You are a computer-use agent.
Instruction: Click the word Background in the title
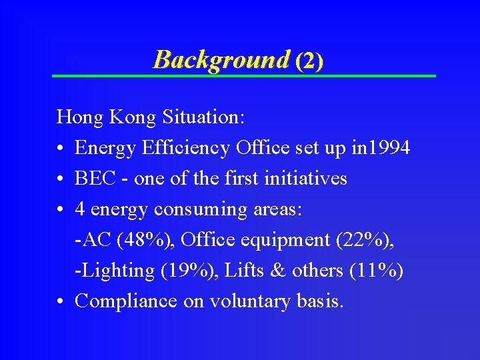221,60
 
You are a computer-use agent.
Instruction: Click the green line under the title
244,76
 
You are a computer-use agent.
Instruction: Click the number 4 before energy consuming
80,209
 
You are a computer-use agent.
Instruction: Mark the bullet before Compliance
61,302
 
